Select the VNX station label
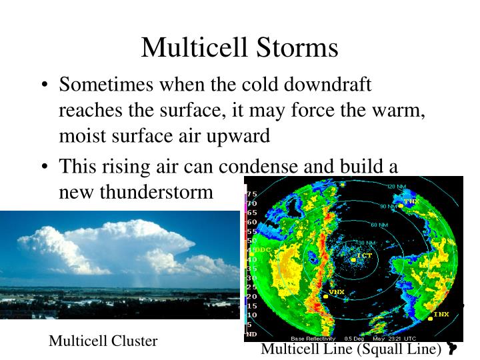(x=337, y=292)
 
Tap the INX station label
(x=441, y=314)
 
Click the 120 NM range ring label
(x=397, y=186)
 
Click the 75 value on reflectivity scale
(x=252, y=194)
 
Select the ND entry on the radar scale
(x=252, y=333)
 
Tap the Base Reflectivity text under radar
(x=313, y=339)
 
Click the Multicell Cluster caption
(x=103, y=341)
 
